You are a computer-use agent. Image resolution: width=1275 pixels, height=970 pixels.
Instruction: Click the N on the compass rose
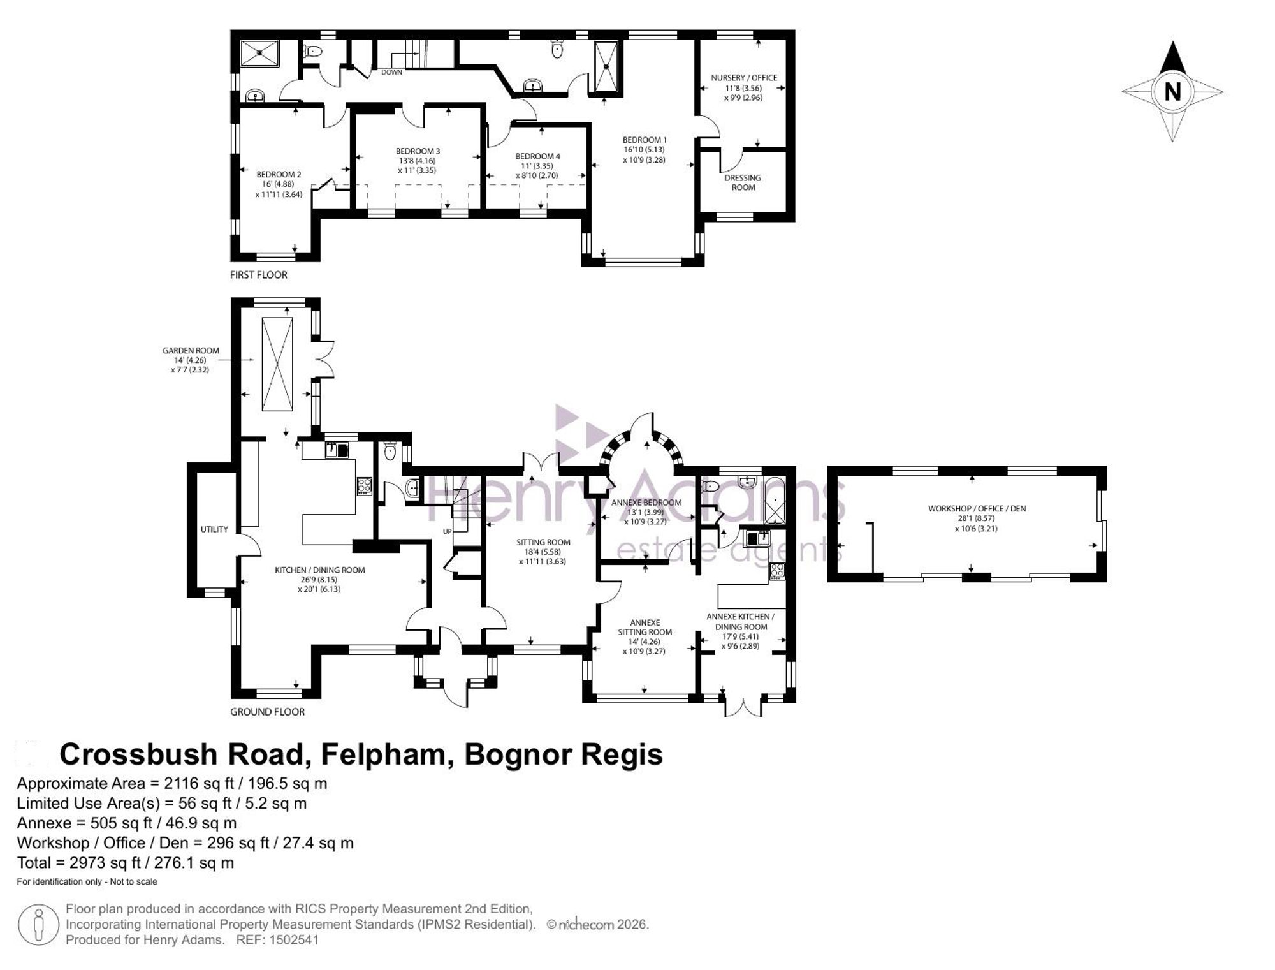(1172, 92)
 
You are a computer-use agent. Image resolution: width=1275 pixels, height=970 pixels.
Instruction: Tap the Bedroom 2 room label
(279, 174)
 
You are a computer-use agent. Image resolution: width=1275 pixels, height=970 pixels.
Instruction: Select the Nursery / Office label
(744, 78)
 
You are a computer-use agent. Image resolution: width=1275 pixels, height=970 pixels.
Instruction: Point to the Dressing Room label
(743, 182)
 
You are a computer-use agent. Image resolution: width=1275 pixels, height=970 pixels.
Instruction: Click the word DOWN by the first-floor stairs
(391, 72)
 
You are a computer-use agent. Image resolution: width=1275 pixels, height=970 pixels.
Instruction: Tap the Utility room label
(214, 529)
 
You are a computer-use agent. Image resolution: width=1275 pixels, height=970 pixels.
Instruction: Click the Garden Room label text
(191, 351)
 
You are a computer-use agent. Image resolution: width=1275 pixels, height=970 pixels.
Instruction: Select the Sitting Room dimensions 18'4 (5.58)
(543, 552)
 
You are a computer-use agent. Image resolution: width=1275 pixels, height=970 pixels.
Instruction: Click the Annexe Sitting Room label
(645, 628)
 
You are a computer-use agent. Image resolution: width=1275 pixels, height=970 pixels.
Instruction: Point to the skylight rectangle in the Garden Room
(277, 365)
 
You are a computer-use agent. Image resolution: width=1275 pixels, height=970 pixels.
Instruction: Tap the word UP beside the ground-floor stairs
(448, 531)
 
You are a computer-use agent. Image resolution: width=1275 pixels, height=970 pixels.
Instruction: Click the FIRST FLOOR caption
(259, 275)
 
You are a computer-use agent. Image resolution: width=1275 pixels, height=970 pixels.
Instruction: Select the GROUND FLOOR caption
(268, 712)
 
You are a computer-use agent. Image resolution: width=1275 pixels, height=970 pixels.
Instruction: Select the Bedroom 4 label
(538, 156)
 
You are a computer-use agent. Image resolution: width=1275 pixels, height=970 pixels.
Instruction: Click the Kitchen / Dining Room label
(319, 570)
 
